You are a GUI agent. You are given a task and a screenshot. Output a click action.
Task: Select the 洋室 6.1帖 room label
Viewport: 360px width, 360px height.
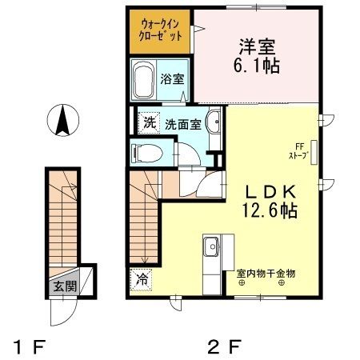[255, 57]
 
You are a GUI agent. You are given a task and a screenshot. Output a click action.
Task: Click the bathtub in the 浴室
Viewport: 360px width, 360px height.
[146, 82]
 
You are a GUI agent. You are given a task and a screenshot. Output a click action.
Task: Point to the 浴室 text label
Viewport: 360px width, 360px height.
[172, 79]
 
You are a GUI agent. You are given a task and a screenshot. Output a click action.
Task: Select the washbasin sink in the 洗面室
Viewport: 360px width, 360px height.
[214, 123]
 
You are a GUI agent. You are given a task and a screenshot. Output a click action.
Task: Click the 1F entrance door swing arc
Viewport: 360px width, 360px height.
[62, 310]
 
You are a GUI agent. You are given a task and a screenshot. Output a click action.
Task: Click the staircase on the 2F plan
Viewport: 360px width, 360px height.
[143, 224]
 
